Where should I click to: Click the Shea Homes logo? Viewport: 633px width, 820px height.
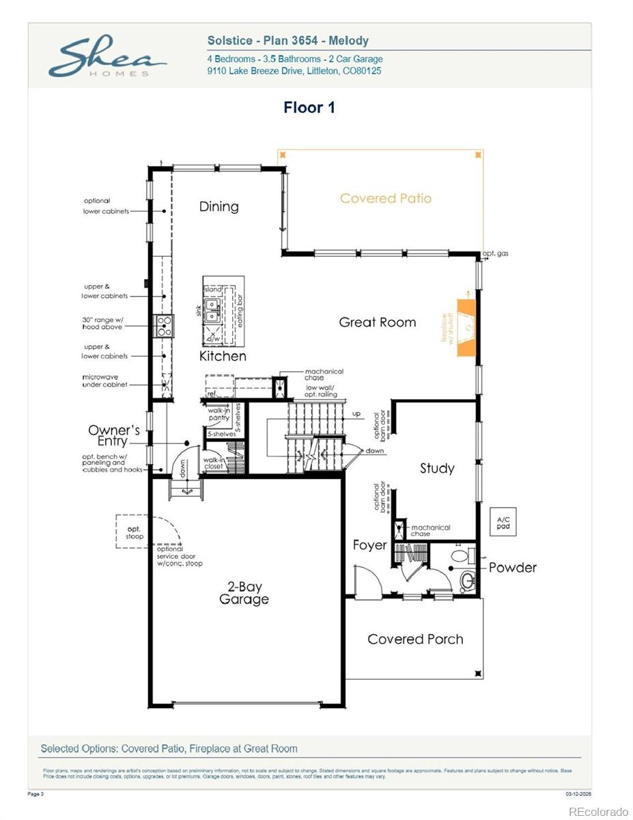[x=106, y=57]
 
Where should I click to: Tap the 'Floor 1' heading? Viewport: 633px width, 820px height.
[x=309, y=107]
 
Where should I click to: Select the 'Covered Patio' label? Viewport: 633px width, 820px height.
[x=386, y=198]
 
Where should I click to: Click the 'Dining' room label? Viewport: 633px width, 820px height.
[x=219, y=206]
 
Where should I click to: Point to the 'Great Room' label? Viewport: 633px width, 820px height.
[x=377, y=322]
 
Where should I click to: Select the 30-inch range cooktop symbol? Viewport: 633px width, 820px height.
[x=165, y=325]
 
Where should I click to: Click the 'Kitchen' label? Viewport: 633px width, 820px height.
[x=223, y=356]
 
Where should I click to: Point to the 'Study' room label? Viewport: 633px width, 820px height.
[x=436, y=468]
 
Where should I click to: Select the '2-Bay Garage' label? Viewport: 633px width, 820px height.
[x=244, y=593]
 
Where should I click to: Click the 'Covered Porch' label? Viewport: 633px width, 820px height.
[x=415, y=639]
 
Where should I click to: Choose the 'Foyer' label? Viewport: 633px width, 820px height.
[x=369, y=545]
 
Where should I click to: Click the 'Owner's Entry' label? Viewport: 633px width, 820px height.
[x=113, y=435]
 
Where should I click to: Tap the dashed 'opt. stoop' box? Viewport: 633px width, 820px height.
[x=135, y=532]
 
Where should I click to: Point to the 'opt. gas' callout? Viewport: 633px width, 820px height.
[x=495, y=254]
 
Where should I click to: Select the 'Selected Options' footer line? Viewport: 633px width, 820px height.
[x=169, y=748]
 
